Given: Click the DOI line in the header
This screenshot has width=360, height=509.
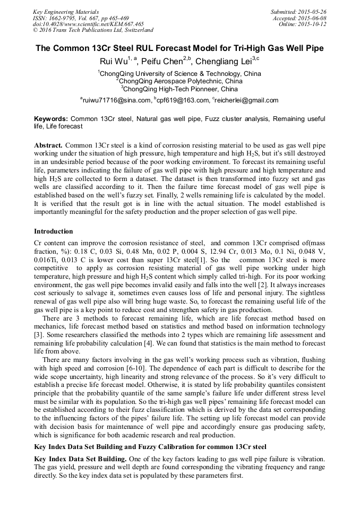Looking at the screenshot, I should click(88, 24).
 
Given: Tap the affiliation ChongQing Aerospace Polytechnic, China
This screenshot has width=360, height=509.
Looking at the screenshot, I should click(181, 81).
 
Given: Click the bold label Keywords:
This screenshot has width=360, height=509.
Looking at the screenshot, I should click(51, 119).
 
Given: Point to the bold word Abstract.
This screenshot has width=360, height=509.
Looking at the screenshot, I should click(48, 145).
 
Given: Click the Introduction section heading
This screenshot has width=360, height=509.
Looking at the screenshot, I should click(54, 231).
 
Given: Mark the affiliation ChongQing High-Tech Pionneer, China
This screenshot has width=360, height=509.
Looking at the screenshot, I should click(181, 89).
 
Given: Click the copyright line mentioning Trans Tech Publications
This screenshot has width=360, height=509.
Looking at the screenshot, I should click(93, 30).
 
